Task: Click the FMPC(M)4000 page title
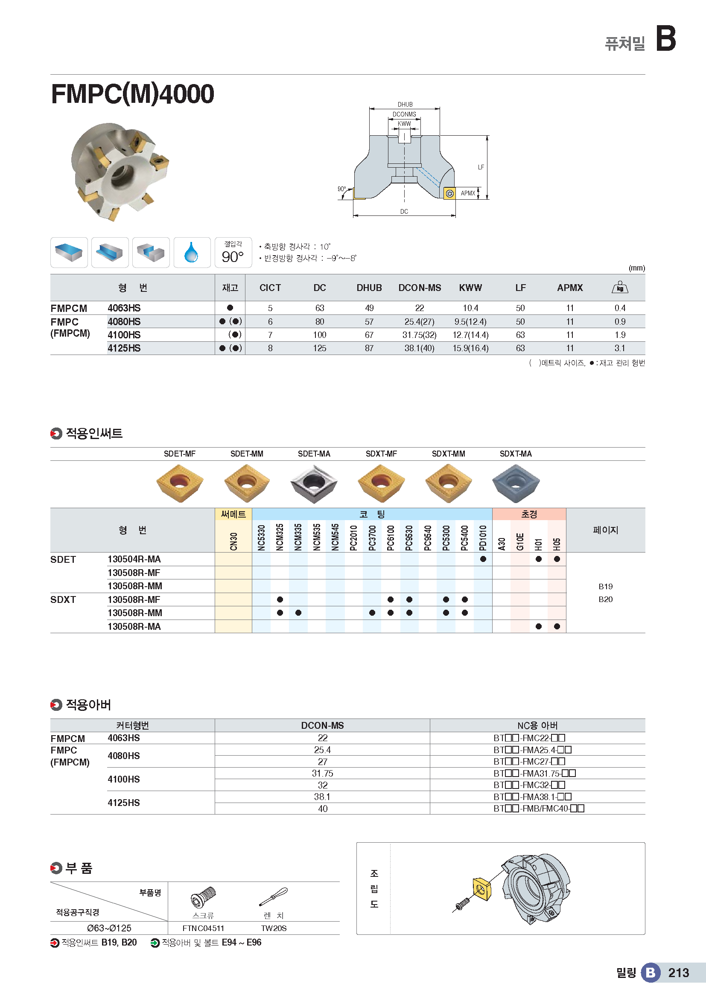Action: pyautogui.click(x=133, y=94)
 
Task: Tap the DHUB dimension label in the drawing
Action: pyautogui.click(x=405, y=104)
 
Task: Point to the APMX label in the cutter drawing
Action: pyautogui.click(x=468, y=193)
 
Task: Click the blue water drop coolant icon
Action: pyautogui.click(x=191, y=252)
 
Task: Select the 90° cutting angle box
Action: pyautogui.click(x=233, y=253)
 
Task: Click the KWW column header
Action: pyautogui.click(x=470, y=288)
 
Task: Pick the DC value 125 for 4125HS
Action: pyautogui.click(x=320, y=348)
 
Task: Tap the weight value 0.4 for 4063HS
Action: pyautogui.click(x=619, y=308)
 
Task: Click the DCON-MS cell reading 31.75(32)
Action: pyautogui.click(x=419, y=335)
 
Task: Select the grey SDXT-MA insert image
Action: pyautogui.click(x=516, y=483)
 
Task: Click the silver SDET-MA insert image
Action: pyautogui.click(x=313, y=483)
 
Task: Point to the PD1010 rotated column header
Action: pyautogui.click(x=483, y=537)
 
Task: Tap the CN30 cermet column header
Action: pyautogui.click(x=233, y=541)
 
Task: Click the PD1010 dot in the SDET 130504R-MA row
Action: pyautogui.click(x=483, y=559)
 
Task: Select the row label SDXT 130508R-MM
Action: pyautogui.click(x=135, y=613)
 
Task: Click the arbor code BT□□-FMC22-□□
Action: pyautogui.click(x=529, y=738)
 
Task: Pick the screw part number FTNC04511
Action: pyautogui.click(x=203, y=928)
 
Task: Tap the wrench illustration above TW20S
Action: pyautogui.click(x=274, y=896)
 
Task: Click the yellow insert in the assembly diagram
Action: pyautogui.click(x=481, y=889)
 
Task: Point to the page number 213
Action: pyautogui.click(x=678, y=973)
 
